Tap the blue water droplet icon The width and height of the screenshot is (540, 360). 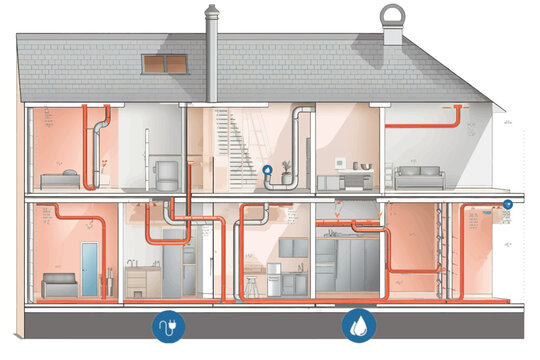(x=356, y=325)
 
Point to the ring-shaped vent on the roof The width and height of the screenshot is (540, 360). (x=390, y=17)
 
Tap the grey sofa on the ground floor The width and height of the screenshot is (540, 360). (x=59, y=283)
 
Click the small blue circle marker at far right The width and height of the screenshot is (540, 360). (x=508, y=204)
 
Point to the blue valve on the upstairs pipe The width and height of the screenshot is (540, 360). (x=268, y=171)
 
